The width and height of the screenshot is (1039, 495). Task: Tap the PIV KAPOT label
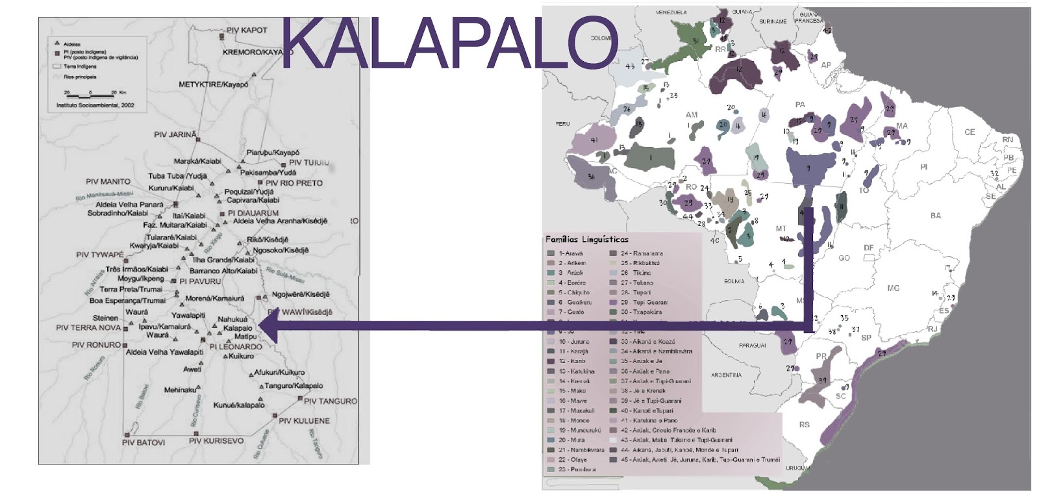pyautogui.click(x=246, y=31)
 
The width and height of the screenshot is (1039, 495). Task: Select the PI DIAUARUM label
pyautogui.click(x=253, y=213)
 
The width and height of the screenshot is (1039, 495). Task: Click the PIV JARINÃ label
pyautogui.click(x=174, y=135)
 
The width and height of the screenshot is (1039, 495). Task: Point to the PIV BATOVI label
pyautogui.click(x=144, y=442)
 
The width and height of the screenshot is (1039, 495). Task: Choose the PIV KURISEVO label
pyautogui.click(x=216, y=441)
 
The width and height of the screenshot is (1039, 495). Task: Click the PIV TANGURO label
pyautogui.click(x=330, y=401)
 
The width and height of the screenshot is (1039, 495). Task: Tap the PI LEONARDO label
pyautogui.click(x=235, y=347)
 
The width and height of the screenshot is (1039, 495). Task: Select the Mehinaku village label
pyautogui.click(x=180, y=390)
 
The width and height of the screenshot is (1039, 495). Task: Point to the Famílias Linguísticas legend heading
pyautogui.click(x=587, y=240)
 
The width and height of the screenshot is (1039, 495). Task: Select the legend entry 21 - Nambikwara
pyautogui.click(x=576, y=450)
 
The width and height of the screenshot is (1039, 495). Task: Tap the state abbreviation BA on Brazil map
pyautogui.click(x=935, y=216)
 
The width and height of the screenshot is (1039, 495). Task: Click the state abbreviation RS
pyautogui.click(x=805, y=425)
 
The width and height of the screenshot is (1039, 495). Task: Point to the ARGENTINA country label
pyautogui.click(x=727, y=375)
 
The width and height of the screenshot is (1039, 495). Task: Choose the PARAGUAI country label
pyautogui.click(x=753, y=346)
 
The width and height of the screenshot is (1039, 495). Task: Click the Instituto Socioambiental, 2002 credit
pyautogui.click(x=95, y=105)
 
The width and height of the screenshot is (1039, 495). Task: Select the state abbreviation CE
pyautogui.click(x=970, y=133)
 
